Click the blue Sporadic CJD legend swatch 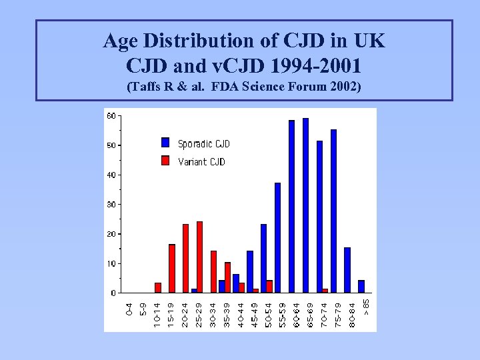pos(165,142)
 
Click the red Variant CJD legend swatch pos(165,161)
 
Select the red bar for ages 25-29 pos(199,257)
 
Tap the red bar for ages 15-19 pos(171,269)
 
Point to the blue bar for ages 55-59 pos(277,237)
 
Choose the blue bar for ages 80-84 pos(347,270)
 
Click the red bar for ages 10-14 pos(158,287)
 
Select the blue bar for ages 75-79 pos(333,211)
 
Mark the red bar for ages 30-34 pos(213,271)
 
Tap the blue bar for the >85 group pos(361,286)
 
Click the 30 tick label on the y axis pos(111,205)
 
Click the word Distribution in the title pos(215,41)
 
